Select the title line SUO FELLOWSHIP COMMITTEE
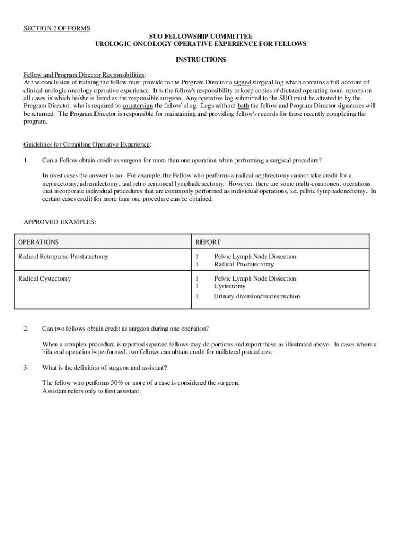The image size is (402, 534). click(200, 36)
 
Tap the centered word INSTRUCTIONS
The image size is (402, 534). click(200, 59)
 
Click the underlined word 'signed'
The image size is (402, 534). click(242, 82)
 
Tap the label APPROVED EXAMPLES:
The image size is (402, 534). click(60, 222)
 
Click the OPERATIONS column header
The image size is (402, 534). click(39, 242)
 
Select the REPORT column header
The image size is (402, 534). click(208, 242)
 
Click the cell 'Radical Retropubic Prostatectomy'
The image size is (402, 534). click(63, 257)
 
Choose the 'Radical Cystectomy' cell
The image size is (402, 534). click(44, 278)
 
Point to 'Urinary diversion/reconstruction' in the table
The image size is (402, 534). click(257, 296)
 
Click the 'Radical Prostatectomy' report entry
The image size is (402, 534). click(243, 264)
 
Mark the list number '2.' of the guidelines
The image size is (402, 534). click(26, 329)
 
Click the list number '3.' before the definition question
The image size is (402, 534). click(26, 367)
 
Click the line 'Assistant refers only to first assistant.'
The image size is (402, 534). click(92, 391)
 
